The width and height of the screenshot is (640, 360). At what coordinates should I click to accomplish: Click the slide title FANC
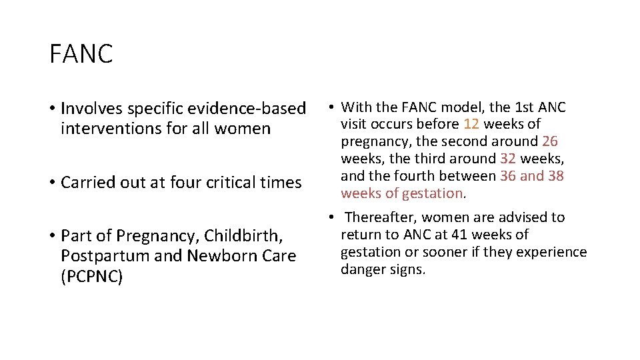pyautogui.click(x=81, y=54)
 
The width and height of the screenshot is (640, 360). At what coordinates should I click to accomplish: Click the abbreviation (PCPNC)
pyautogui.click(x=91, y=277)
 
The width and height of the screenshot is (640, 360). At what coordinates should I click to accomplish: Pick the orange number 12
pyautogui.click(x=471, y=124)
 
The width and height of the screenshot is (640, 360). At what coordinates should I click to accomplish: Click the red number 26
pyautogui.click(x=550, y=141)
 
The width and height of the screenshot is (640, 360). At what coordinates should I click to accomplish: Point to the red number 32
pyautogui.click(x=507, y=159)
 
